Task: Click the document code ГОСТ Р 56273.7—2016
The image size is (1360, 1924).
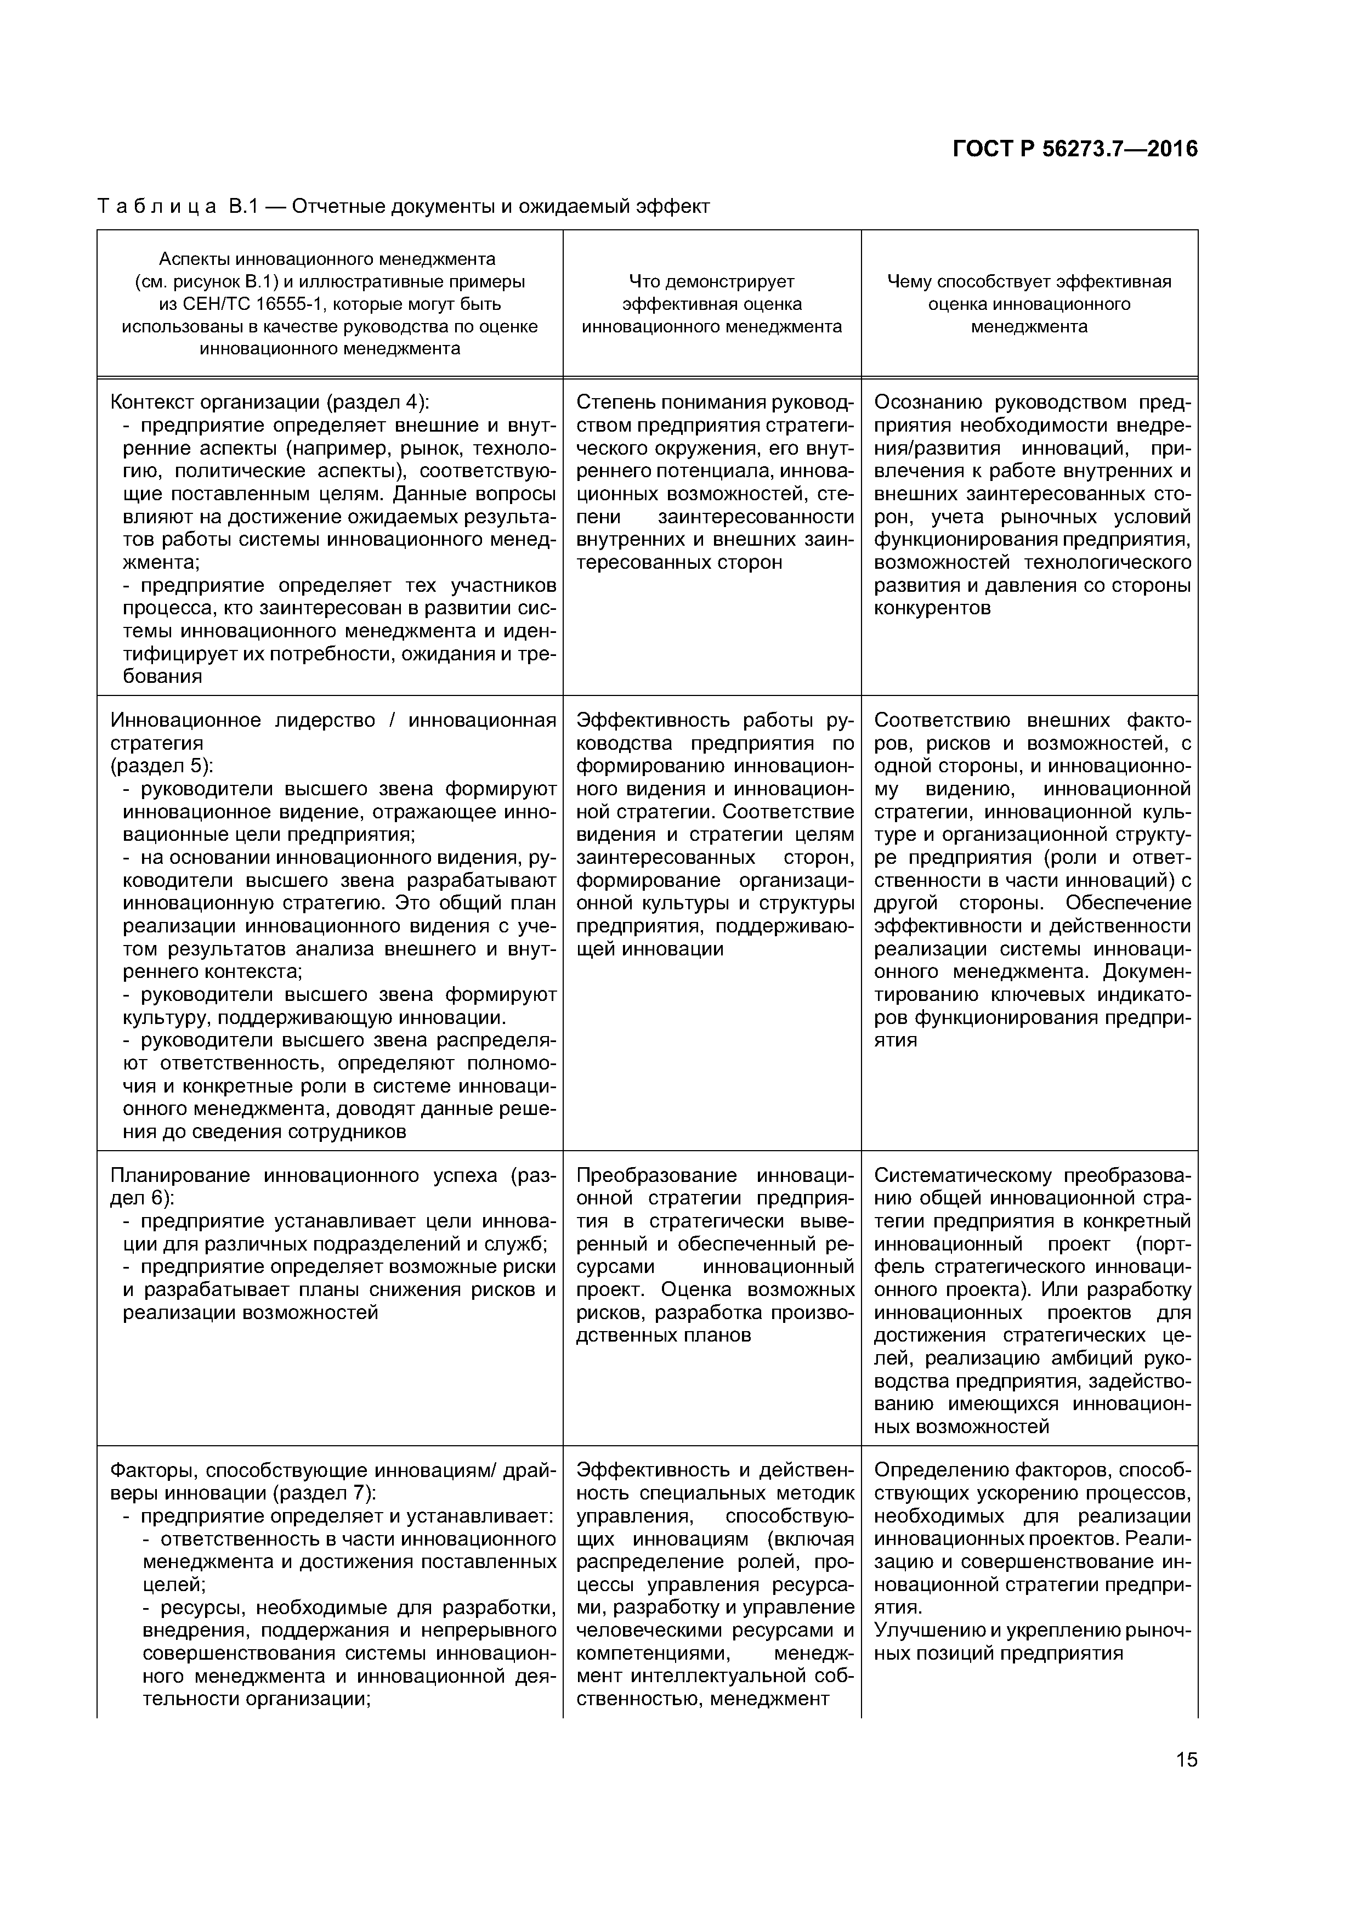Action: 1075,149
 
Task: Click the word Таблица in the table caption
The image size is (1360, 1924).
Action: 157,206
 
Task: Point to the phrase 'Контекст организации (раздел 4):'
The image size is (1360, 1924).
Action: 270,401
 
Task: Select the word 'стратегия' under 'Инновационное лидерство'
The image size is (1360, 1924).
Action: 157,743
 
